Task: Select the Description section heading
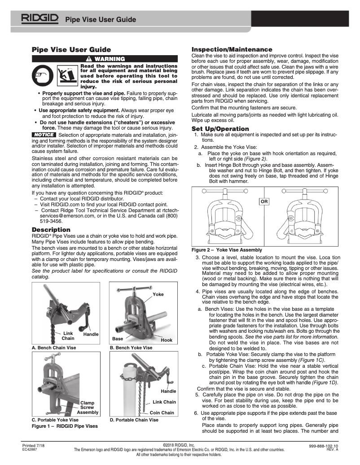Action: point(51,230)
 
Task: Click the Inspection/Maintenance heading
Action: point(232,49)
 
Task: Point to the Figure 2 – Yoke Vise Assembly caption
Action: point(227,250)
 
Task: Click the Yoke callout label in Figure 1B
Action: point(158,294)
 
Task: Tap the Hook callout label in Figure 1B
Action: point(166,340)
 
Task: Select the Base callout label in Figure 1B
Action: point(118,339)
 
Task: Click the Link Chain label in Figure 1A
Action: point(68,336)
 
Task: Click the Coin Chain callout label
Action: point(162,413)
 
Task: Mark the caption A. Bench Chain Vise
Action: point(53,348)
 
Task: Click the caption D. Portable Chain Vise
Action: point(134,420)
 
